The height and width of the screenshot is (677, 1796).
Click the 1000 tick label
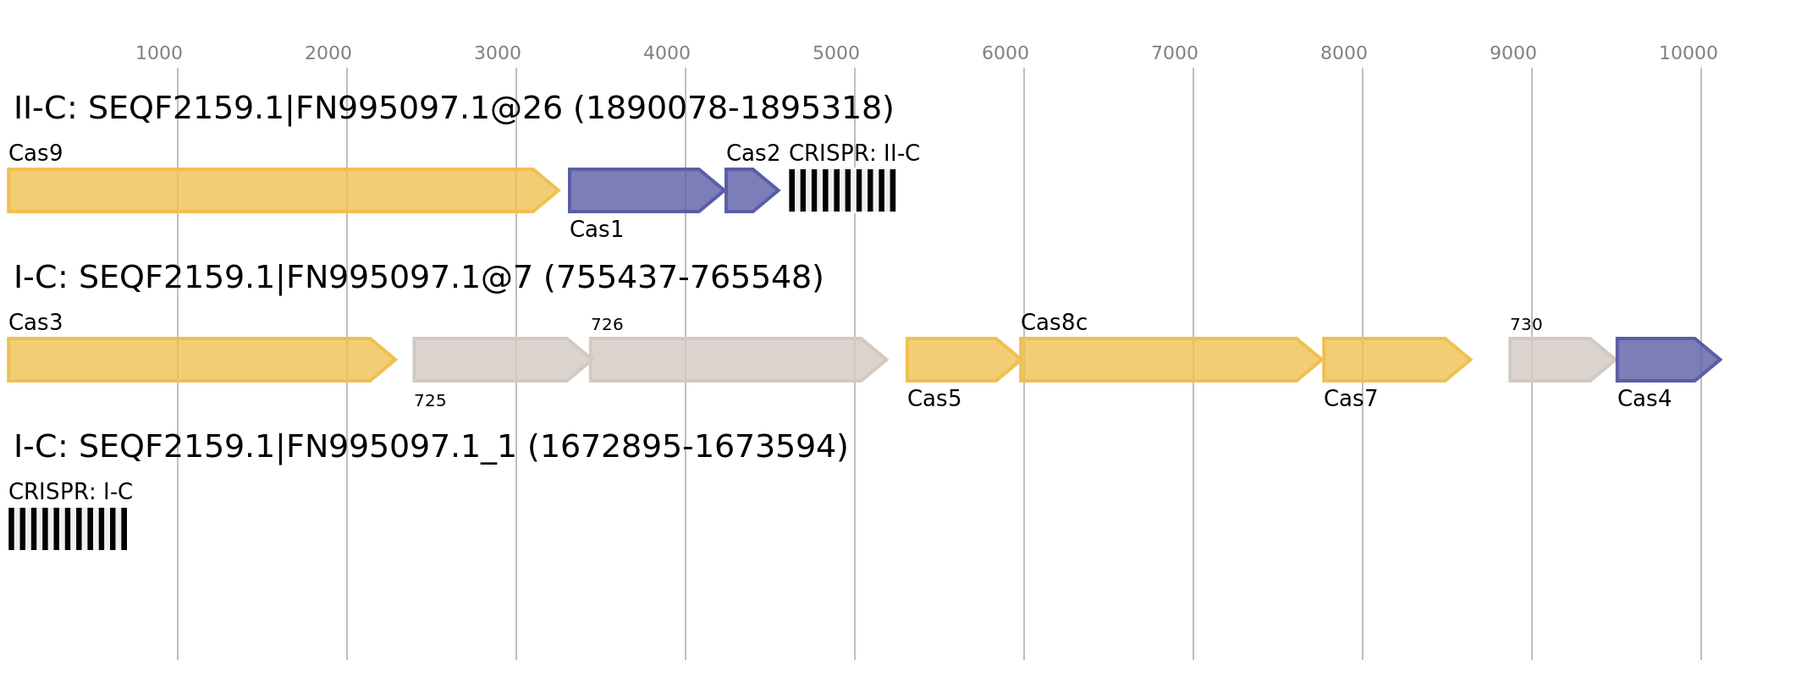tap(159, 53)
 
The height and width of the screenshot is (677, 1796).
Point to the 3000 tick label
tap(498, 53)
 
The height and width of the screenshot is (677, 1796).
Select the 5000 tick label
tap(836, 53)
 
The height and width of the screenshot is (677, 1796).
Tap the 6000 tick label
tap(1005, 53)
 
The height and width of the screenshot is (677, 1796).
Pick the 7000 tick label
tap(1175, 53)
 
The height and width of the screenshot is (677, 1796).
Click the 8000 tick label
tap(1344, 53)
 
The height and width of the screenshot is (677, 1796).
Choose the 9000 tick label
tap(1513, 53)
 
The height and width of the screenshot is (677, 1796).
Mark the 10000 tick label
tap(1689, 53)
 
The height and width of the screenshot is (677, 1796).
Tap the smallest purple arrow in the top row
tap(750, 190)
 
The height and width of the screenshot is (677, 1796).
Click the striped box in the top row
tap(842, 190)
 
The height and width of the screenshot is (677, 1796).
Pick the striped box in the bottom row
tap(68, 529)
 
